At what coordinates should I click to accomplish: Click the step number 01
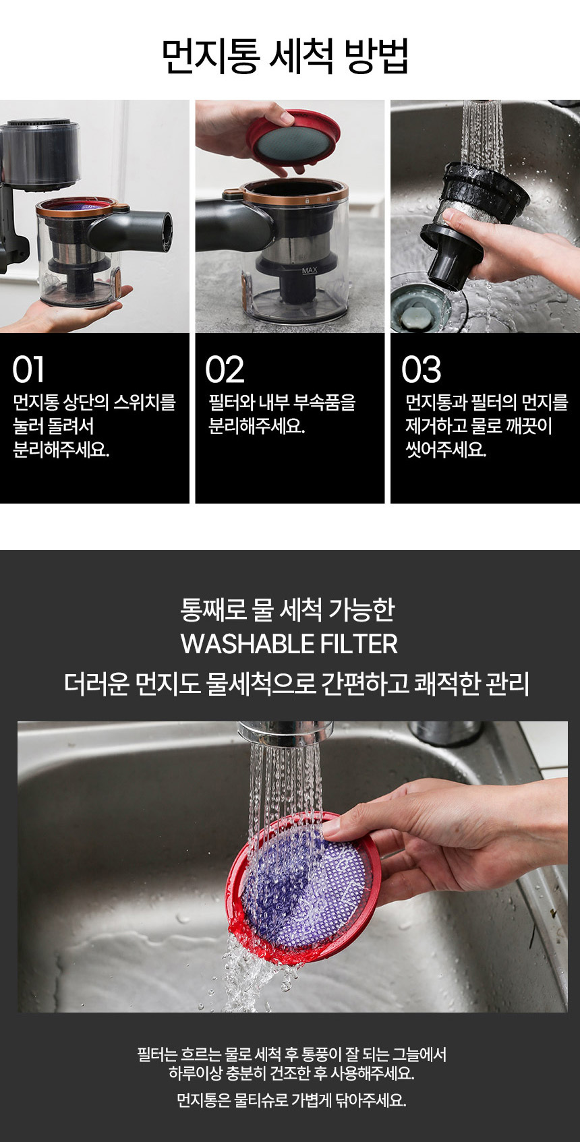(x=28, y=369)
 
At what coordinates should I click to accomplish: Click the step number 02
(x=225, y=369)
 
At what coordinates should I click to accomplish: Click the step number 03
(x=421, y=369)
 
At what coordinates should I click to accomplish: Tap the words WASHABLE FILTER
(x=289, y=643)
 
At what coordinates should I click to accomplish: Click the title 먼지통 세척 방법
(x=286, y=56)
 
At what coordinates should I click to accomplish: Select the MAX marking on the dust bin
(x=309, y=270)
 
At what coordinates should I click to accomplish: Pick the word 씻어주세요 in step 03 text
(x=445, y=450)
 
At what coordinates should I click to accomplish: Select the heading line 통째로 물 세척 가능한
(x=288, y=609)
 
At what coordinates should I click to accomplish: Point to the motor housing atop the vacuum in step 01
(x=40, y=153)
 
